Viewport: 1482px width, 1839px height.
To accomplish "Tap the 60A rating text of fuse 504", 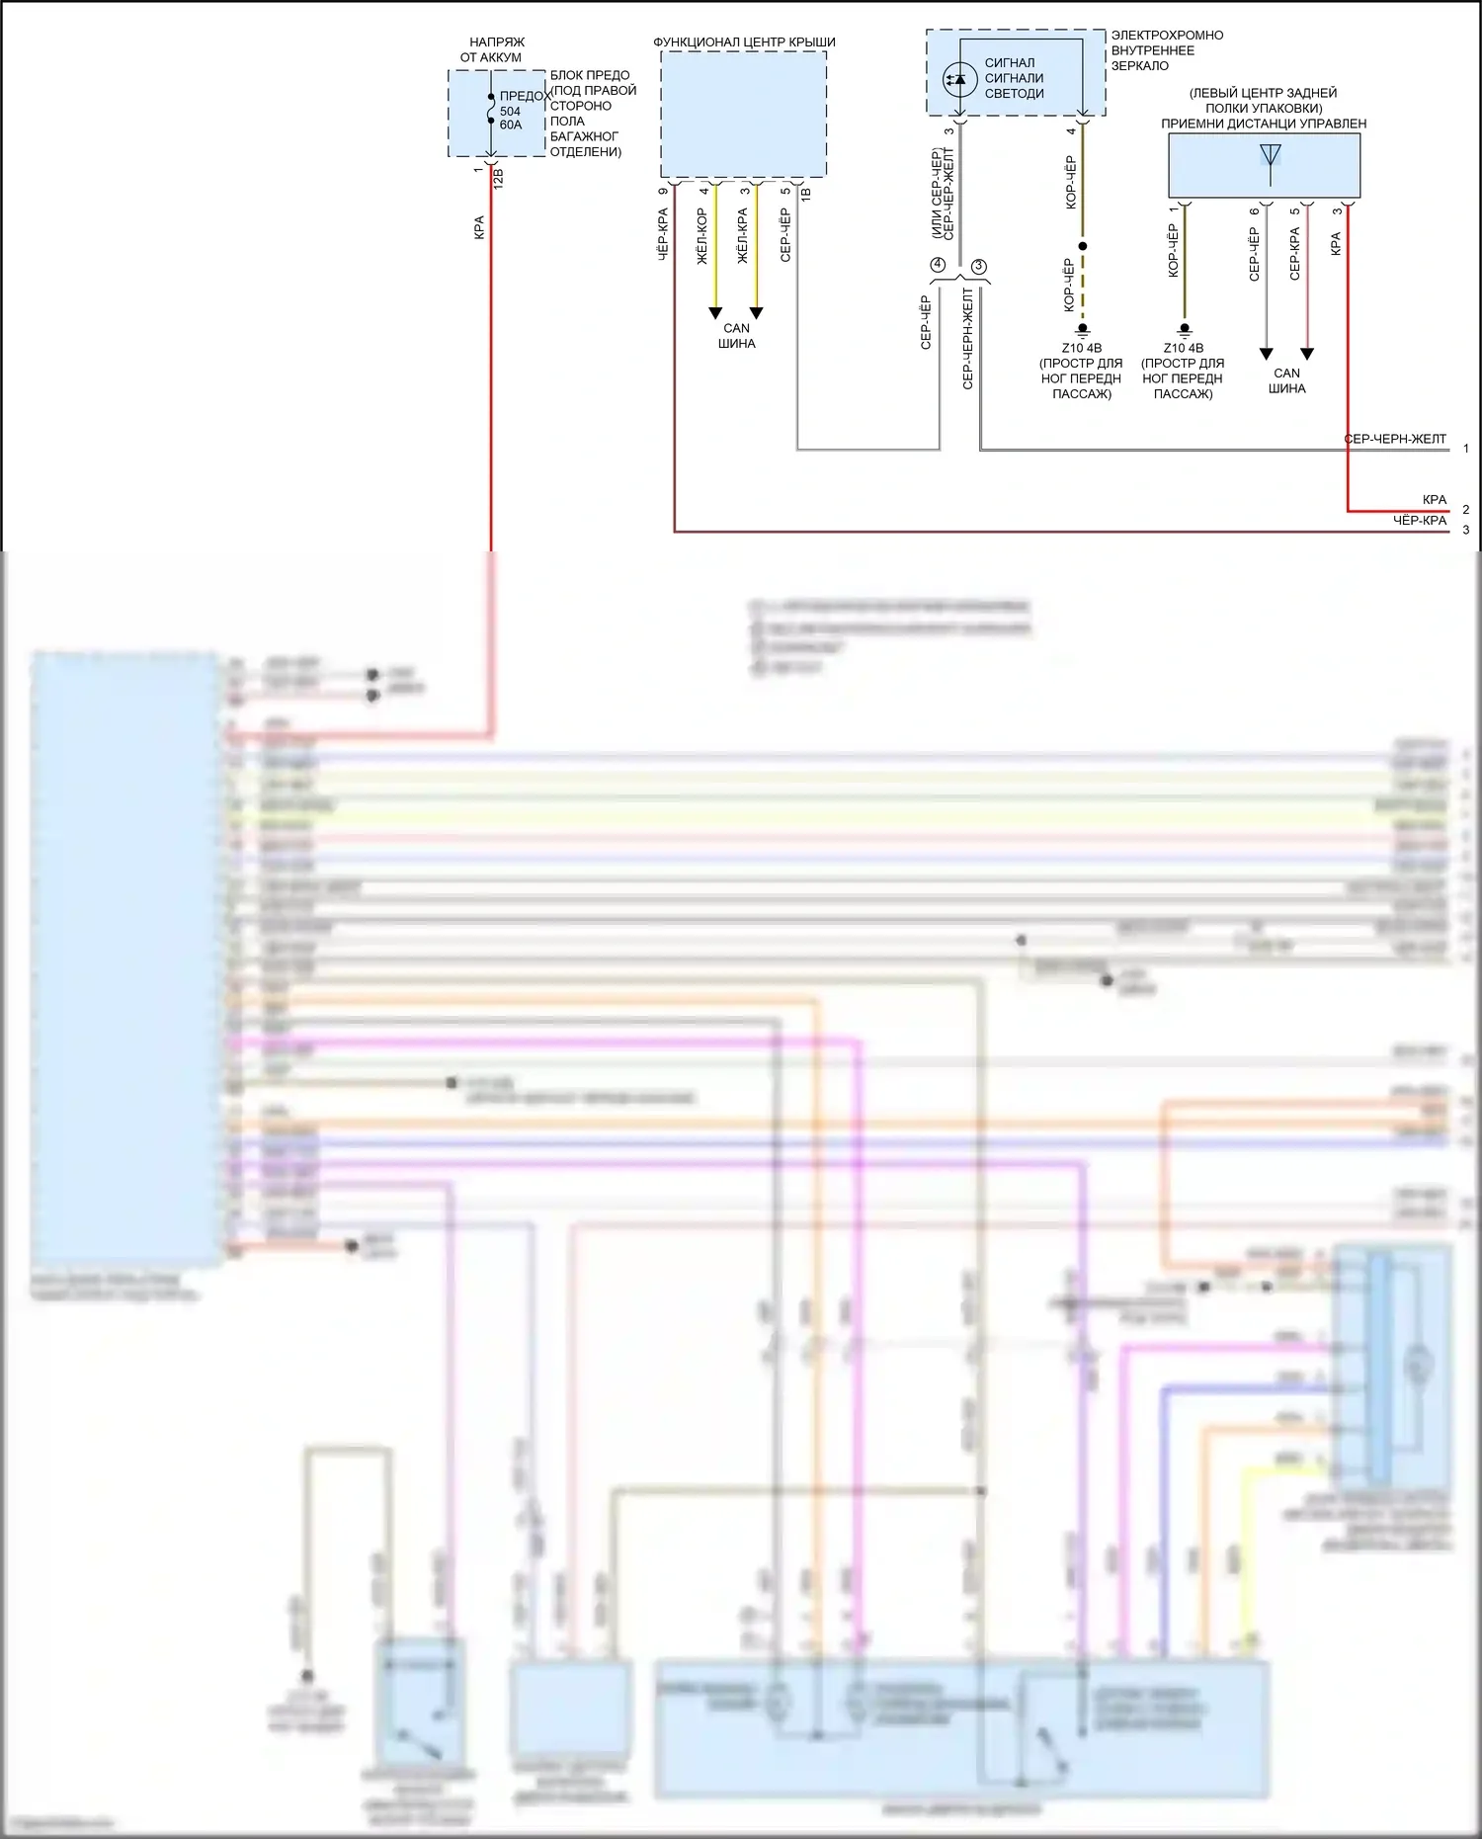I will pyautogui.click(x=511, y=125).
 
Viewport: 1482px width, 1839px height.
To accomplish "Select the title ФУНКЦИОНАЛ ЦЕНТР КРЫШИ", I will pyautogui.click(x=744, y=42).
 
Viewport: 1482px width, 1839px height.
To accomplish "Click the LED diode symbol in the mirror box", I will pyautogui.click(x=958, y=79).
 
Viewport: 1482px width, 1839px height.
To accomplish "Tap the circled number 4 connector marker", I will pyautogui.click(x=938, y=265).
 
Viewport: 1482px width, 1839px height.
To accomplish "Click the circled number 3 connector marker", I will pyautogui.click(x=979, y=267).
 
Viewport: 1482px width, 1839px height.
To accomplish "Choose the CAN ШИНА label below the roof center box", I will pyautogui.click(x=736, y=336).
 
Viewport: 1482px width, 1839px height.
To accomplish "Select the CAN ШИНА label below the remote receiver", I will pyautogui.click(x=1286, y=380).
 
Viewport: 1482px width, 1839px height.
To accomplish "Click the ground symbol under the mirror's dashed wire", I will pyautogui.click(x=1083, y=329).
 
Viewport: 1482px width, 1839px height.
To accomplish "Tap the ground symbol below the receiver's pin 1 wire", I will pyautogui.click(x=1185, y=329).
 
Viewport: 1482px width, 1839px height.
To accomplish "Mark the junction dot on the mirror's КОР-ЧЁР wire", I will pyautogui.click(x=1083, y=246).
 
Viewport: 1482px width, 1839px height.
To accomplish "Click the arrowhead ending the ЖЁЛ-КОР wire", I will pyautogui.click(x=715, y=313).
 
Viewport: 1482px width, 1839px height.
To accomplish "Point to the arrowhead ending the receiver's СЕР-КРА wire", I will pyautogui.click(x=1307, y=354).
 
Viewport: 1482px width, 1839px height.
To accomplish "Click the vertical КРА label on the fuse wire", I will pyautogui.click(x=479, y=227).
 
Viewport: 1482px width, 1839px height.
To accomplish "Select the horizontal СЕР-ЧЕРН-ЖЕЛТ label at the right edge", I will pyautogui.click(x=1395, y=439).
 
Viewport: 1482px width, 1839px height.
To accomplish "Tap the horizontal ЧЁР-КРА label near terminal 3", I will pyautogui.click(x=1420, y=520).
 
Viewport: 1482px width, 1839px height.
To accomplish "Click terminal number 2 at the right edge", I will pyautogui.click(x=1465, y=510).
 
